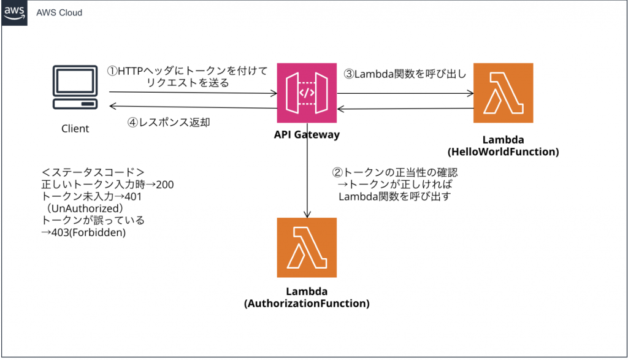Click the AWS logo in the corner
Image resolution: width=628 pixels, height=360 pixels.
click(x=13, y=12)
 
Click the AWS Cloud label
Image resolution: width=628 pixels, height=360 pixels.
click(x=59, y=12)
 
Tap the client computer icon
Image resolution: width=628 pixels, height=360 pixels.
click(x=75, y=90)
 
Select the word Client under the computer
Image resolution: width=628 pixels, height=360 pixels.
click(x=75, y=129)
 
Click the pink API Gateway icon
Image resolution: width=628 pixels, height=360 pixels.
click(x=307, y=93)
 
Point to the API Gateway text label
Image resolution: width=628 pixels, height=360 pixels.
click(x=307, y=135)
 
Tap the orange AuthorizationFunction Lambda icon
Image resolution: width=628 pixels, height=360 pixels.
click(x=307, y=247)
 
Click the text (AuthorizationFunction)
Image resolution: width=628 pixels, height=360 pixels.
click(x=307, y=303)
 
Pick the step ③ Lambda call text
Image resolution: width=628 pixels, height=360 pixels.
click(x=405, y=75)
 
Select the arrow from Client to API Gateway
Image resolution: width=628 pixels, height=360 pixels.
click(x=193, y=93)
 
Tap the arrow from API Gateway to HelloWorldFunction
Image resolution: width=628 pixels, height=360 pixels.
click(x=405, y=93)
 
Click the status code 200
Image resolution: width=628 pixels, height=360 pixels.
click(x=165, y=185)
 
